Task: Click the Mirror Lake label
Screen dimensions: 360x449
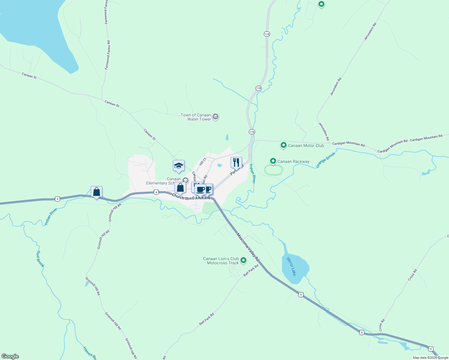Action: [x=291, y=266]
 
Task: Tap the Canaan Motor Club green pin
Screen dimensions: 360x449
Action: [x=283, y=145]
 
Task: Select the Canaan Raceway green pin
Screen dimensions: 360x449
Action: [x=273, y=161]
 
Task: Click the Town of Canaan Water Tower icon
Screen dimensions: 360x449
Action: [x=215, y=117]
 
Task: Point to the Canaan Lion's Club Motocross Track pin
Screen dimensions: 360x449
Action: [x=243, y=260]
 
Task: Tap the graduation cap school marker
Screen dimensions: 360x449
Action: [x=179, y=166]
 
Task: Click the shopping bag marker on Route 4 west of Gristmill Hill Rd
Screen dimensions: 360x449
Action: [x=96, y=192]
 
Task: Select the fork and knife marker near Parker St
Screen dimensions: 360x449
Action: [x=236, y=163]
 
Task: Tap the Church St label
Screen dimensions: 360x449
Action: [x=180, y=197]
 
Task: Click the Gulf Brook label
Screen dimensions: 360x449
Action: [x=40, y=259]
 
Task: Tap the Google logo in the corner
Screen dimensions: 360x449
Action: [x=10, y=356]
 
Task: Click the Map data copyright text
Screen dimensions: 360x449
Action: [x=430, y=358]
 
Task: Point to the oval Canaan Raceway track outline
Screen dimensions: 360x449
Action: [x=273, y=170]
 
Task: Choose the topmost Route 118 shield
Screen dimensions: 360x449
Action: [x=267, y=34]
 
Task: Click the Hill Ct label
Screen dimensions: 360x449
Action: [x=203, y=161]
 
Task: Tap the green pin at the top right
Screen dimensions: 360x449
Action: [x=321, y=4]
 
